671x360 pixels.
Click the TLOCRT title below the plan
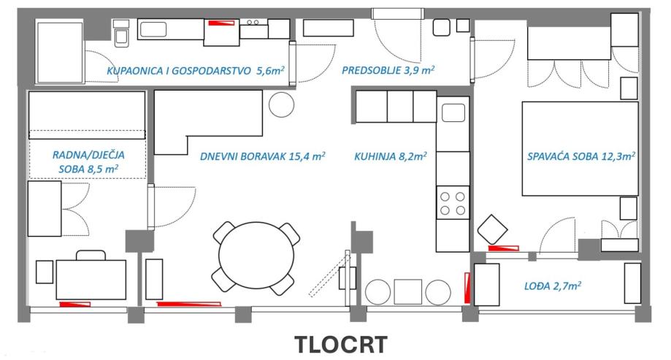pos(340,344)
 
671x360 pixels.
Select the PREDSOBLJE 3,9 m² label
pos(388,71)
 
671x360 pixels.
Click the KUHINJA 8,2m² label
pos(391,156)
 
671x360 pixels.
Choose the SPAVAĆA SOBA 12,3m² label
pos(581,156)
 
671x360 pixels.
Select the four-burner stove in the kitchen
pos(453,202)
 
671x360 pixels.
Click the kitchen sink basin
pos(453,113)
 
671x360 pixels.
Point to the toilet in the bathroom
pos(121,33)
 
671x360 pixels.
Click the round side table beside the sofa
pos(280,105)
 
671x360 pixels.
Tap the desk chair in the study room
pos(91,255)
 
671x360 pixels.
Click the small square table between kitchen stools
pos(407,291)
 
